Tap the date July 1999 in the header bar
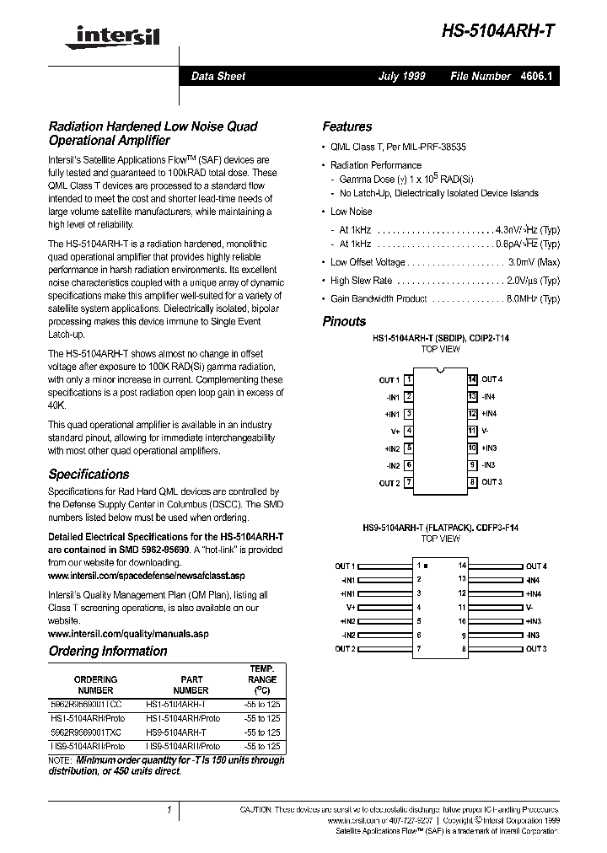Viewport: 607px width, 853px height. (x=401, y=76)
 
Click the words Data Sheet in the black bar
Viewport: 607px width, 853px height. (x=218, y=76)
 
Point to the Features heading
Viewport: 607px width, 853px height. (x=346, y=126)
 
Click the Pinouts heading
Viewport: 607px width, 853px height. (x=344, y=321)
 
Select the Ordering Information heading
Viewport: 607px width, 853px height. (x=108, y=651)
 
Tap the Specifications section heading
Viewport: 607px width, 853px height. (x=89, y=474)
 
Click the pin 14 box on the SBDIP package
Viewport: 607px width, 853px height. (x=472, y=379)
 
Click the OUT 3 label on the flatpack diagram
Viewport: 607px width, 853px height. (x=535, y=648)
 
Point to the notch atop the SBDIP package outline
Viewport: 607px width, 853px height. (x=440, y=371)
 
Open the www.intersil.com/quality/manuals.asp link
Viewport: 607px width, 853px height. (x=127, y=633)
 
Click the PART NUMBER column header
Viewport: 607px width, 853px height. (x=192, y=684)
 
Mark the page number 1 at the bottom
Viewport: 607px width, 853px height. (x=169, y=809)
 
